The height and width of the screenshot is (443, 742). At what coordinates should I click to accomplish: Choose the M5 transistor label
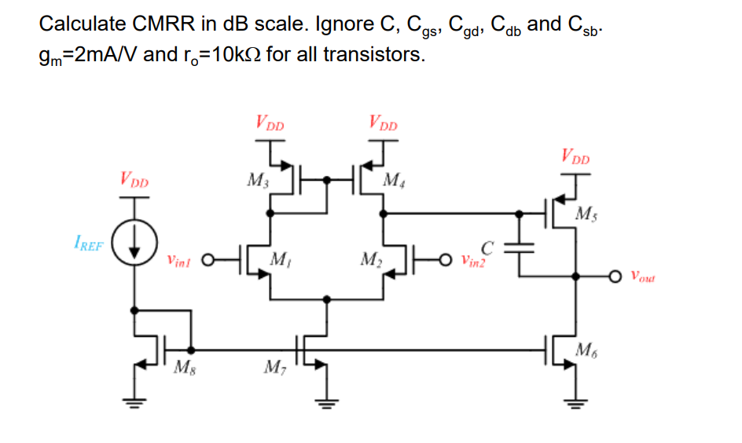[x=586, y=213]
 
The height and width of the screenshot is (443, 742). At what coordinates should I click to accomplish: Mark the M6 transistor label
[x=586, y=350]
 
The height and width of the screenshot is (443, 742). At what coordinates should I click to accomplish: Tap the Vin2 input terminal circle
[x=446, y=259]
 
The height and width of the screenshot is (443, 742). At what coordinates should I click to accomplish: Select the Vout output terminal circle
[x=615, y=276]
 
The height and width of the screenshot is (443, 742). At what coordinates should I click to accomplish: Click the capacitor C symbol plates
[x=519, y=247]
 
